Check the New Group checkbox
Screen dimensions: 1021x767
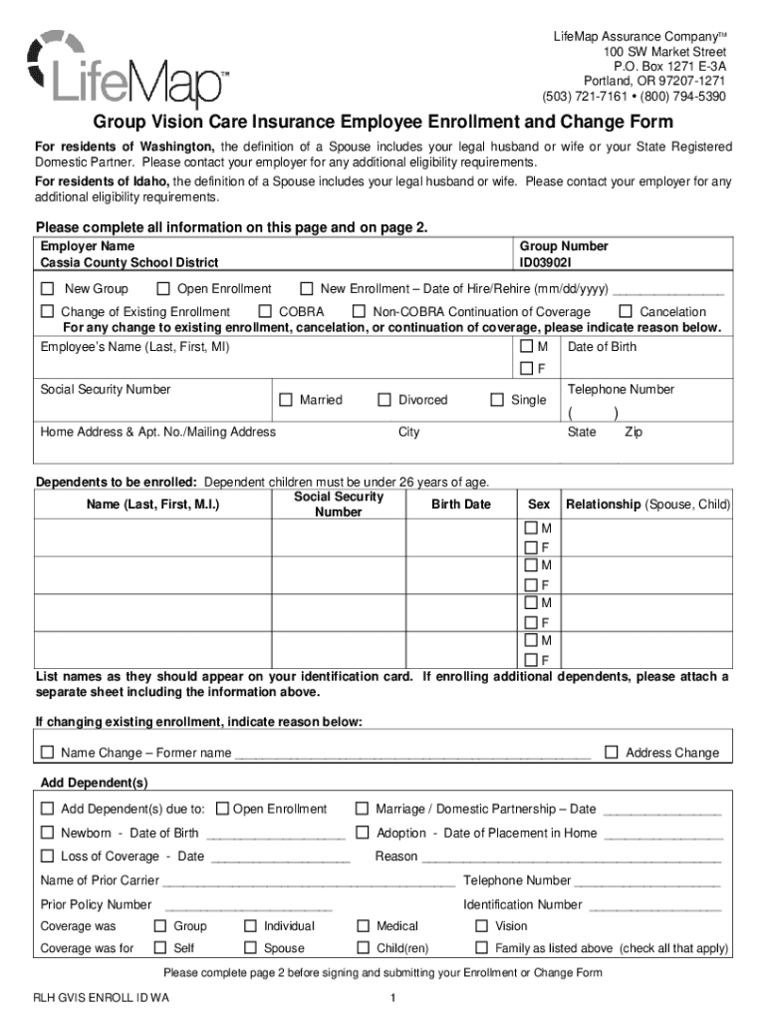(47, 289)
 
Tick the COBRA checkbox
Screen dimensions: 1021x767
(265, 312)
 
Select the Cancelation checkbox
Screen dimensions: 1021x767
(626, 312)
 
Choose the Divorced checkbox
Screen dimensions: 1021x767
(383, 401)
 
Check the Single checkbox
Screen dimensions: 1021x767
(496, 401)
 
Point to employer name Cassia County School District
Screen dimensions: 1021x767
(128, 263)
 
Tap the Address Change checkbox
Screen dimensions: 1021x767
(612, 753)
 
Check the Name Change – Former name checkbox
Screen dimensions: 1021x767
(47, 753)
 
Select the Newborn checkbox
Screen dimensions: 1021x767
(47, 833)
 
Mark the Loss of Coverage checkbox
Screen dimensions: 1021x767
(47, 856)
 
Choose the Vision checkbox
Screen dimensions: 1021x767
(481, 926)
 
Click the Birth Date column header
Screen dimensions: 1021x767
(460, 505)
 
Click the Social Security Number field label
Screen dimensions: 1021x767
(105, 390)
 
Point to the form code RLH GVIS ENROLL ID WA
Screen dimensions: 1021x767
(101, 999)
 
